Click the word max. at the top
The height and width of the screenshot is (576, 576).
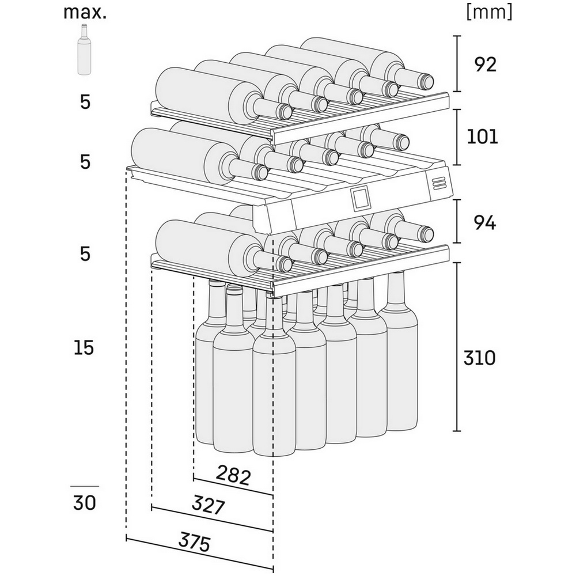(x=85, y=12)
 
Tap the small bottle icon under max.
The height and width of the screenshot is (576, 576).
(x=84, y=50)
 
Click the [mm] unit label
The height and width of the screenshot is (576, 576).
(x=489, y=12)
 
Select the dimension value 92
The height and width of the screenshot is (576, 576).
(x=485, y=65)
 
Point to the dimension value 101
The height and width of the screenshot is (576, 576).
(x=482, y=137)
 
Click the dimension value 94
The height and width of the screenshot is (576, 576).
(x=485, y=222)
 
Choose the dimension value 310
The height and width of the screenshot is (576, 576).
(x=479, y=358)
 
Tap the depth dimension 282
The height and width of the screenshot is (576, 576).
(x=233, y=475)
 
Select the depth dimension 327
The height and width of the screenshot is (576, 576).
(x=208, y=506)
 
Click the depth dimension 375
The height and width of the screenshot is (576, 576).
(x=195, y=543)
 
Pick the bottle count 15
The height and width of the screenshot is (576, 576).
(x=84, y=347)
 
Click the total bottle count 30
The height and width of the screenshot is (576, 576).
(x=85, y=502)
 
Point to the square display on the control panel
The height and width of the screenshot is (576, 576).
(x=358, y=199)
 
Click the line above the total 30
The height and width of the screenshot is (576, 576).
(x=85, y=486)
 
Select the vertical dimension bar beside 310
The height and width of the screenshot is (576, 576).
(x=457, y=347)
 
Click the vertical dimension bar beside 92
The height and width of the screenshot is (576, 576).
(x=457, y=63)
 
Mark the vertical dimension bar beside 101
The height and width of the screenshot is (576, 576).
(x=457, y=137)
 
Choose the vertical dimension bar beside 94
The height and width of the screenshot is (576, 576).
(x=457, y=222)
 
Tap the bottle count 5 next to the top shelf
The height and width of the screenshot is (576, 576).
(x=85, y=102)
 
